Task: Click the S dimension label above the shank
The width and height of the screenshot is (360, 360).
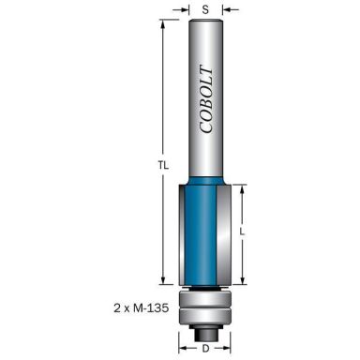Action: click(x=205, y=9)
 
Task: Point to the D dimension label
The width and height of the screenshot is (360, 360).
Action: click(x=205, y=350)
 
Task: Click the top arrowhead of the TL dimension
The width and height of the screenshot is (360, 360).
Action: click(x=165, y=23)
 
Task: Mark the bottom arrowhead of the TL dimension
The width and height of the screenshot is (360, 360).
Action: click(x=165, y=280)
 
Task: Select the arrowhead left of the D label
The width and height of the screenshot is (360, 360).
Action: click(x=182, y=350)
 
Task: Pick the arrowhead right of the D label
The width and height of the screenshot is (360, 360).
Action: click(x=230, y=350)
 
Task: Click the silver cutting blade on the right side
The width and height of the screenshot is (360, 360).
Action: click(x=224, y=234)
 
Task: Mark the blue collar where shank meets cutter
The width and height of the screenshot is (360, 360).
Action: click(x=205, y=178)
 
